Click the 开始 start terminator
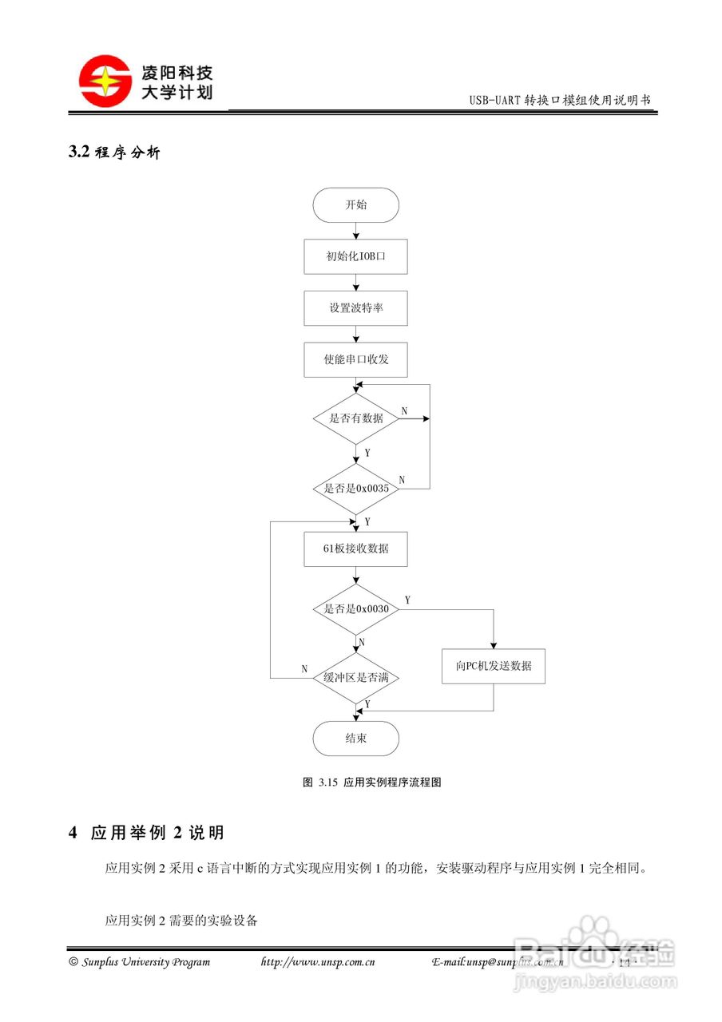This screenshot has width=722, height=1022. [x=355, y=205]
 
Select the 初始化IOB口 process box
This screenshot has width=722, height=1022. [x=355, y=257]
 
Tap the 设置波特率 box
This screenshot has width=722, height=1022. [x=355, y=308]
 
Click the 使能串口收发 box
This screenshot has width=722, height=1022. [x=355, y=359]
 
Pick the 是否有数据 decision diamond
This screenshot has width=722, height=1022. [x=355, y=418]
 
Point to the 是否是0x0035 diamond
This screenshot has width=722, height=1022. [x=355, y=489]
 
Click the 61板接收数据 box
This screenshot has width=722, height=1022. [x=355, y=549]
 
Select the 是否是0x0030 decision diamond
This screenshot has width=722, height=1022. [x=355, y=609]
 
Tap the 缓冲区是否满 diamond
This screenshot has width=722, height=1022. [x=355, y=678]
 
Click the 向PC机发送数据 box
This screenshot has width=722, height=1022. [x=494, y=666]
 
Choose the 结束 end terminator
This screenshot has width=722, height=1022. [x=355, y=739]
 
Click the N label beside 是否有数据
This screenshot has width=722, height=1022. [x=404, y=411]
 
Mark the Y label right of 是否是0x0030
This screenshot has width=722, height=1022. [x=407, y=600]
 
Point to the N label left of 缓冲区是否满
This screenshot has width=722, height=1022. [x=304, y=669]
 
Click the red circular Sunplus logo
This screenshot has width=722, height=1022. [x=105, y=81]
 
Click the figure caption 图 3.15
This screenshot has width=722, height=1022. [x=371, y=782]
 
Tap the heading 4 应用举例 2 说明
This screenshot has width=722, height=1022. [x=146, y=833]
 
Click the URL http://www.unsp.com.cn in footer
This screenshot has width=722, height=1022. [x=318, y=962]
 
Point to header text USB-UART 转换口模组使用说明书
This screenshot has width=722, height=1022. [x=560, y=101]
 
